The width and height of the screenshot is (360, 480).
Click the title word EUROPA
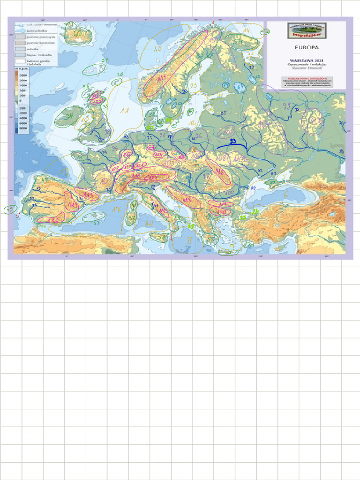[306, 47]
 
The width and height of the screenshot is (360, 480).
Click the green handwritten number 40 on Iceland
[77, 34]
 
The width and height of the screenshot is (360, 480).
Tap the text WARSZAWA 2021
[306, 60]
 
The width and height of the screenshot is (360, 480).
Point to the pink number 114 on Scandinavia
[162, 78]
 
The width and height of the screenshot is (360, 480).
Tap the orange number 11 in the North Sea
[124, 111]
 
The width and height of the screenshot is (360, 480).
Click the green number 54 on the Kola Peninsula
[239, 42]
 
